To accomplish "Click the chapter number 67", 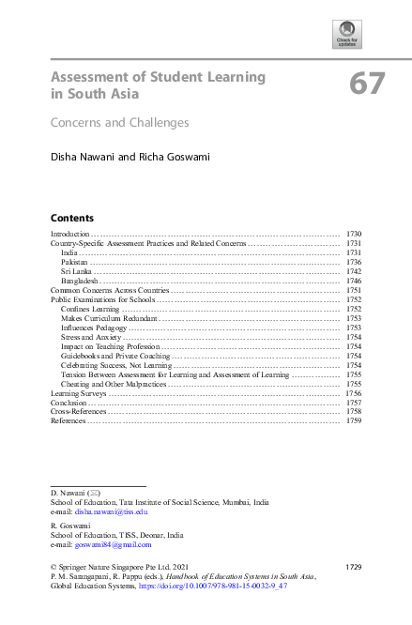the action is click(x=367, y=84).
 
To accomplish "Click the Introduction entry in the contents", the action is click(x=69, y=233).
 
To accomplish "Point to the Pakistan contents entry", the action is click(x=76, y=262).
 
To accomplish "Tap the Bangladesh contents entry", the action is click(x=81, y=281).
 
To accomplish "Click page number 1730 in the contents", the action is click(x=354, y=233).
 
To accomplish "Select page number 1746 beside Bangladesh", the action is click(x=354, y=281).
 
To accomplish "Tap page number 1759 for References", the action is click(x=354, y=421).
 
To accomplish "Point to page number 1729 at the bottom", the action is click(x=353, y=568).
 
